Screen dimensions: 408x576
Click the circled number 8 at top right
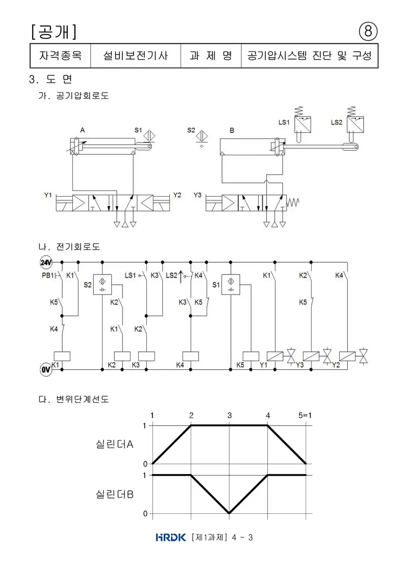tap(368, 32)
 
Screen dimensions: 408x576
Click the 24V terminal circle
tap(46, 262)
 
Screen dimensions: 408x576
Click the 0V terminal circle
tap(45, 370)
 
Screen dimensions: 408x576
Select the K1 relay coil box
tap(62, 356)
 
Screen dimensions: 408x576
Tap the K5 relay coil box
tap(251, 356)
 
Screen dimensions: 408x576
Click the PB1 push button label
tap(48, 276)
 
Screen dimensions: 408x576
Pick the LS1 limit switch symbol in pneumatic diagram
tap(302, 124)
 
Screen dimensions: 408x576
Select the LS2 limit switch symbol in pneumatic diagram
tap(354, 124)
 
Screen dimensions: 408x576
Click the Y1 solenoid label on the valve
tap(48, 195)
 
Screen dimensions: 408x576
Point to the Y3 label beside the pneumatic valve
tap(197, 195)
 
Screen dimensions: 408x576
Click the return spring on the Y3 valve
tap(293, 202)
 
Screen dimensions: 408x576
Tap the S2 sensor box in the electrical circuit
tap(103, 285)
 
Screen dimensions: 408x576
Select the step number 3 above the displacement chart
tap(229, 416)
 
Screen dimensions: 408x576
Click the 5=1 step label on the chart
tap(305, 416)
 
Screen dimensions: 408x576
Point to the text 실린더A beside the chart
tap(114, 445)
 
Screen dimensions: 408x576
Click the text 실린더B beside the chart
tap(114, 495)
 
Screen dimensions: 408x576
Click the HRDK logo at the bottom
tap(171, 537)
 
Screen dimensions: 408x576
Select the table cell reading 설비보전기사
tap(135, 56)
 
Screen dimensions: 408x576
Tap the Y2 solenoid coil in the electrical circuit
tap(347, 356)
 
